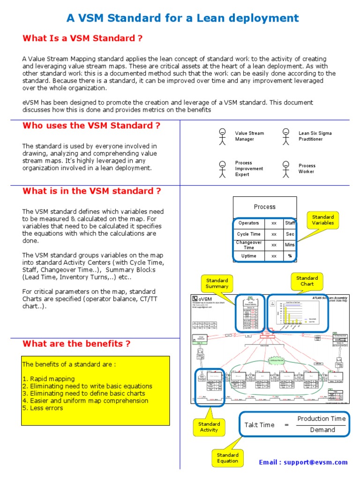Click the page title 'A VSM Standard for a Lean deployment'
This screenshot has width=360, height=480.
tap(182, 18)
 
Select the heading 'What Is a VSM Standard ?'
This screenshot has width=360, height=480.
tap(82, 38)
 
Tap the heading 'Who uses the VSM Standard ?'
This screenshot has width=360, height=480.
tap(91, 125)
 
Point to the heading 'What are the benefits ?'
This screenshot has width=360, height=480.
tap(76, 344)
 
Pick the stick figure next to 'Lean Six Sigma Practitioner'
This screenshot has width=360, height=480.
tap(285, 136)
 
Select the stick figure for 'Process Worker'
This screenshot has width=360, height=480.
tap(285, 168)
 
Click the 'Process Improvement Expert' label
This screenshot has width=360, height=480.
tap(249, 169)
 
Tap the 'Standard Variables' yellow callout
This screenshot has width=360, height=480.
tap(323, 220)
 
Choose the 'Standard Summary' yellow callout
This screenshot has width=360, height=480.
tap(217, 283)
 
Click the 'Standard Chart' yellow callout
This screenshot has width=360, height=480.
tap(307, 281)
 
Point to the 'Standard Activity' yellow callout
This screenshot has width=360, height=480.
tap(209, 427)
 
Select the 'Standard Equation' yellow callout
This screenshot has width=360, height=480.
tap(228, 457)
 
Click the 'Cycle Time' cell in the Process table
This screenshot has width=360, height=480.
tap(249, 234)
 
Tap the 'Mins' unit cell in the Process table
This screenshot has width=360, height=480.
tap(290, 245)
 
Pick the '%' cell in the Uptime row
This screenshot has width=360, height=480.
tap(290, 256)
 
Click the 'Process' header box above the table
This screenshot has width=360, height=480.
tap(265, 207)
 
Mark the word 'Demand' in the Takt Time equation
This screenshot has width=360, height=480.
tap(322, 430)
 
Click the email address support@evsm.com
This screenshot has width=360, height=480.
tap(303, 462)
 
